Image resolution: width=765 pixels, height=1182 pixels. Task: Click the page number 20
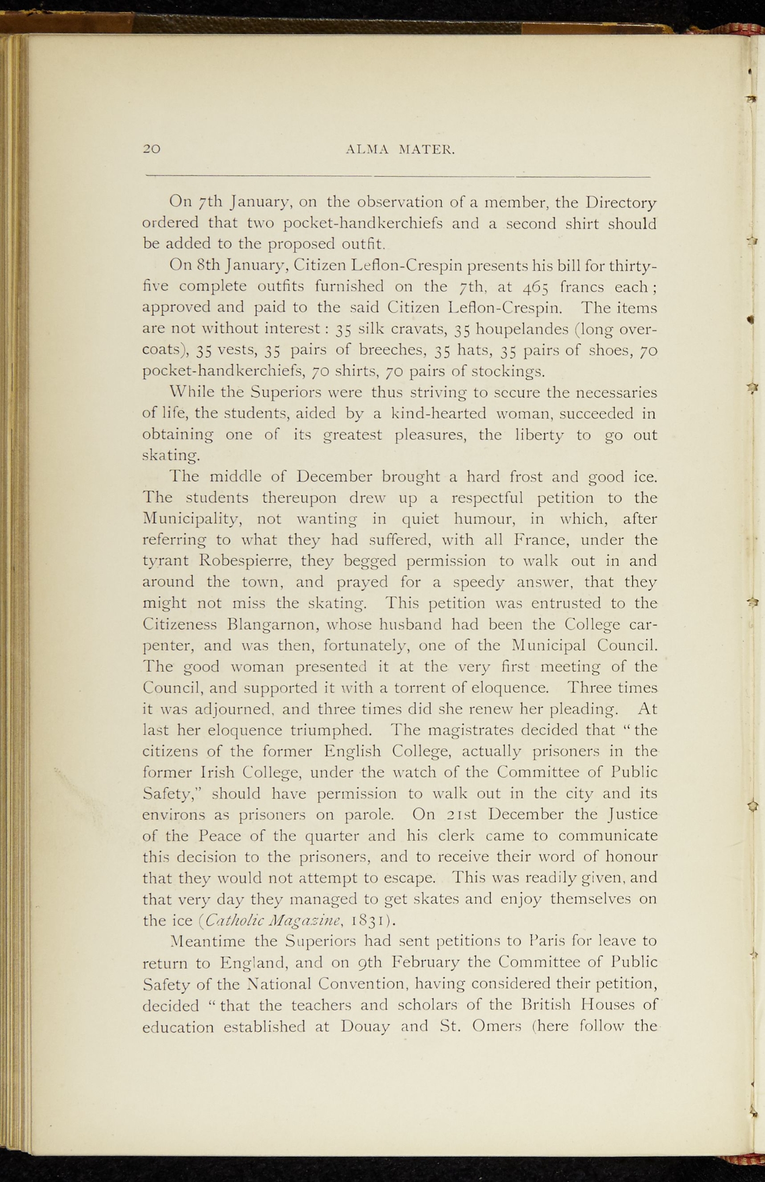pos(152,149)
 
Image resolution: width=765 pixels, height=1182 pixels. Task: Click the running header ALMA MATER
pos(400,149)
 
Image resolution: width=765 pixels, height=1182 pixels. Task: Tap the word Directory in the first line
pos(621,203)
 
